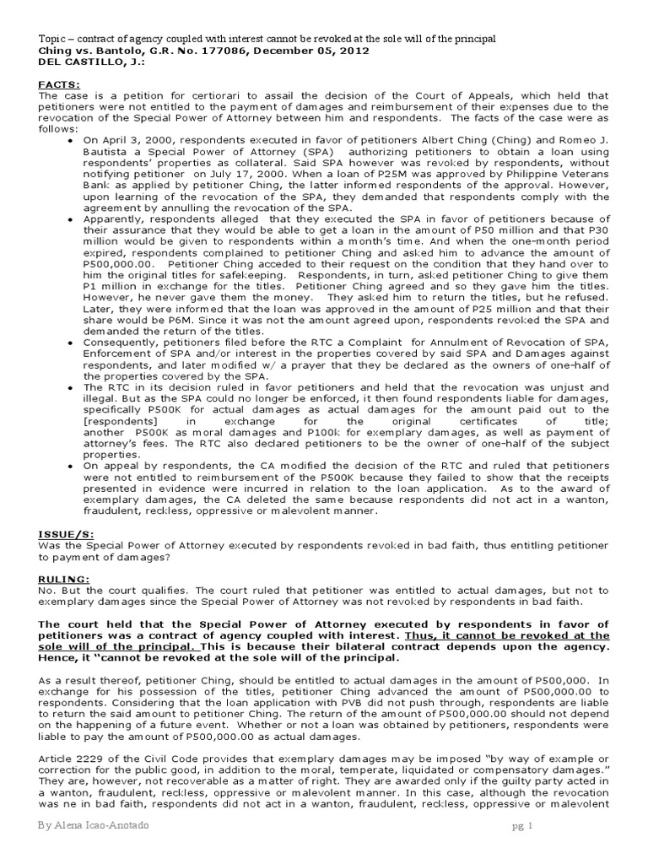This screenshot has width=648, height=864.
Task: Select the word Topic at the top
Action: (x=53, y=39)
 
